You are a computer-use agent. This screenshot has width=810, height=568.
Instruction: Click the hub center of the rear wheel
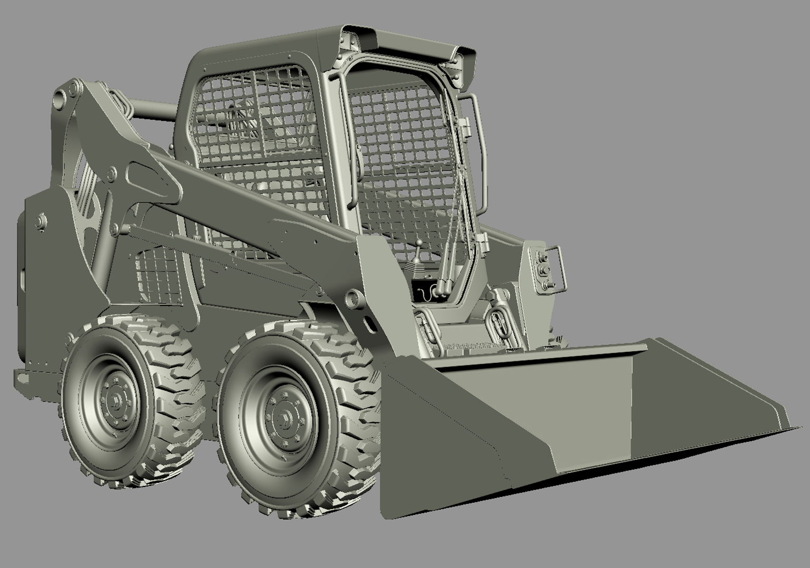click(x=115, y=401)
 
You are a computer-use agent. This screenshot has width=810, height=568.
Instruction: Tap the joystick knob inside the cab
click(x=419, y=245)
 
